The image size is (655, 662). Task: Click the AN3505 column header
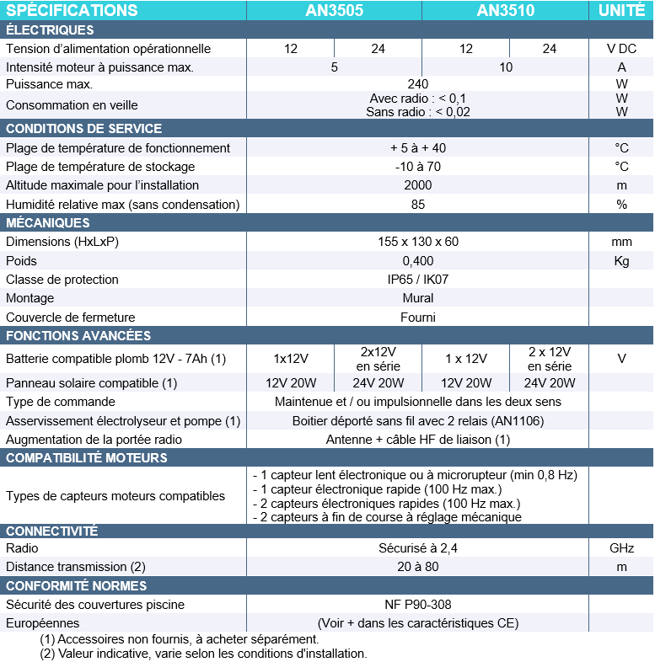pos(334,10)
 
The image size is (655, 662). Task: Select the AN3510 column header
pos(505,10)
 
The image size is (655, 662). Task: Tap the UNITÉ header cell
pos(621,10)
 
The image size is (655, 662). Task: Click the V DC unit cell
pos(621,49)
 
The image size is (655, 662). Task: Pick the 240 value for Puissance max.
pos(418,84)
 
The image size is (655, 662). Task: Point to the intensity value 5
pos(335,67)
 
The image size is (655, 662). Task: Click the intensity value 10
pos(506,67)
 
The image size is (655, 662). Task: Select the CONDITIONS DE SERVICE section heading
pos(84,129)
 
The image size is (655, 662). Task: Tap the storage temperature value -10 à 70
pos(418,167)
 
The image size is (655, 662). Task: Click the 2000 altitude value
pos(418,185)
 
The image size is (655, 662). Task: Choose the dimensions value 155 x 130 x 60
pos(418,242)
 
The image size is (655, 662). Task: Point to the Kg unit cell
pos(621,261)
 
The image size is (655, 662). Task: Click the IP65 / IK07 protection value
pos(418,280)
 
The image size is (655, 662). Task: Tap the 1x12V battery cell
pos(291,359)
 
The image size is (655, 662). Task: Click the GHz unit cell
pos(621,548)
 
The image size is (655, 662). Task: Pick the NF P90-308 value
pos(418,605)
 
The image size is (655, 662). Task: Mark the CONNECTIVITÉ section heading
pos(52,531)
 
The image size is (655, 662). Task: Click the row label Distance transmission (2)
pos(77,567)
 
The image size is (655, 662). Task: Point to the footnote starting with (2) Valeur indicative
pos(203,654)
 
